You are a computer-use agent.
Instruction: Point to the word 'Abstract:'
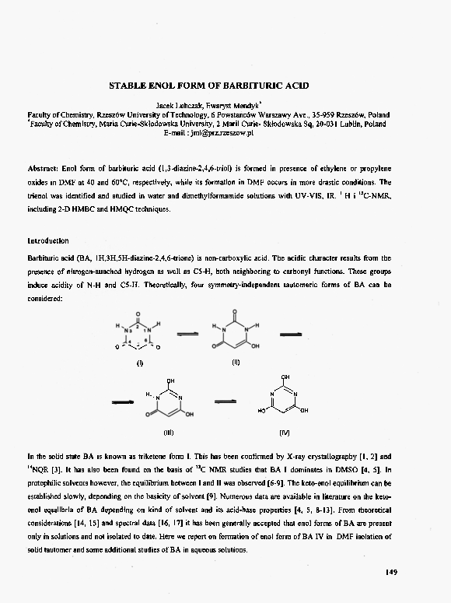[44, 169]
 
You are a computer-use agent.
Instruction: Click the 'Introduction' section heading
[48, 241]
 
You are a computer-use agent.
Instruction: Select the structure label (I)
[140, 363]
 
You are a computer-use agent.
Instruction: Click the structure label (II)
[234, 362]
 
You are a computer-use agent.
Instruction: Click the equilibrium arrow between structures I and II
[187, 332]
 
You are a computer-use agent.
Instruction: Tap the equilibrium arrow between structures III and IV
[225, 401]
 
